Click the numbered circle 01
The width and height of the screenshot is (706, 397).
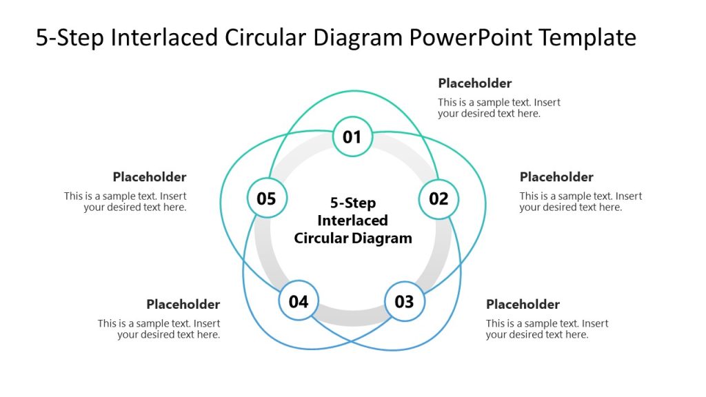(352, 136)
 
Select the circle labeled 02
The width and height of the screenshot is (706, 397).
(438, 199)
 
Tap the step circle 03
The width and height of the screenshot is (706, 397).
(404, 301)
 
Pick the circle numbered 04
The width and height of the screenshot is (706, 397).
(299, 301)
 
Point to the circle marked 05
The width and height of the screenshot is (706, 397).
(266, 199)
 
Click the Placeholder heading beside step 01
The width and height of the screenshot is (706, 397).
(474, 83)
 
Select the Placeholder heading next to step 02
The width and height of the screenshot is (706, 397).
(556, 177)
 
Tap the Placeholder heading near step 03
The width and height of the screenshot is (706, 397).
(523, 305)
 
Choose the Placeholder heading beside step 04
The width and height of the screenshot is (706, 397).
(183, 305)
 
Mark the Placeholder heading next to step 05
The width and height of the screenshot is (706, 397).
(150, 177)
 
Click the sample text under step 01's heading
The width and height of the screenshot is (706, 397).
(499, 108)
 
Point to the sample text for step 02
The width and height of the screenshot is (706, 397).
(581, 202)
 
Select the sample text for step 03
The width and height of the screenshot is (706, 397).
(547, 329)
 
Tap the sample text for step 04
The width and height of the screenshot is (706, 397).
(159, 329)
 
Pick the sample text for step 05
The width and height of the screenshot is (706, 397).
(125, 202)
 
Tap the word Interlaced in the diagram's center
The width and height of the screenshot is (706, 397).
(352, 221)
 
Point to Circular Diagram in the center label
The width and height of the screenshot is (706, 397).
(352, 238)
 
